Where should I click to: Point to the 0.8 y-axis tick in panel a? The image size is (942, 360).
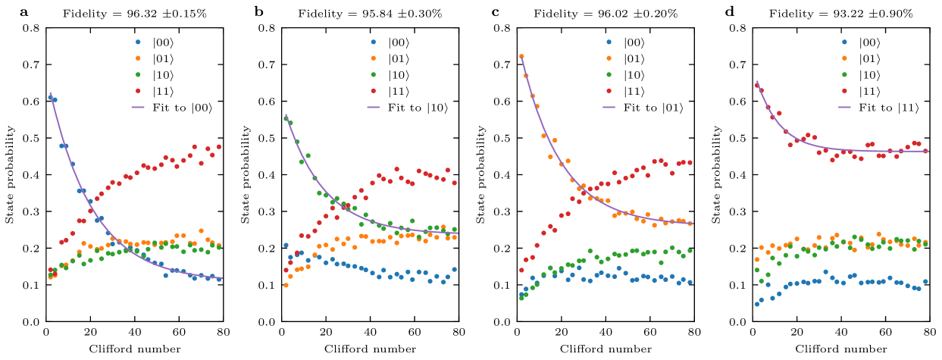[x=32, y=28]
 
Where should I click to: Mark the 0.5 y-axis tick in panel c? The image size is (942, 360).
[x=504, y=138]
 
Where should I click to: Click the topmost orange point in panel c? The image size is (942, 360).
[x=521, y=56]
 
